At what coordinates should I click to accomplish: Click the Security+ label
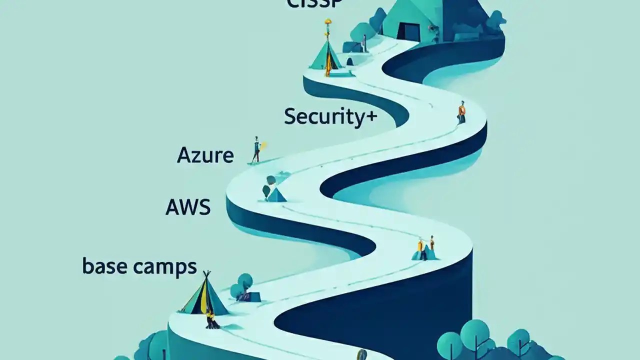point(330,116)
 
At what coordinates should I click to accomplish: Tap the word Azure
point(205,155)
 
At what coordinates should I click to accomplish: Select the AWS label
point(187,207)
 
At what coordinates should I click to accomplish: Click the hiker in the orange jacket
point(461,112)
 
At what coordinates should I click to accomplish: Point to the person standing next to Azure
point(256,149)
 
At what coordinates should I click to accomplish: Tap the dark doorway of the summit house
point(408,31)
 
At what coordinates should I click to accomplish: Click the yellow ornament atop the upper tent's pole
point(327,22)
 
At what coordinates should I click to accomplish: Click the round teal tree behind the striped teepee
point(244,281)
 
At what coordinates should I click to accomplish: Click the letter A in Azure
point(183,155)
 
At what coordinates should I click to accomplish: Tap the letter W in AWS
point(187,207)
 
